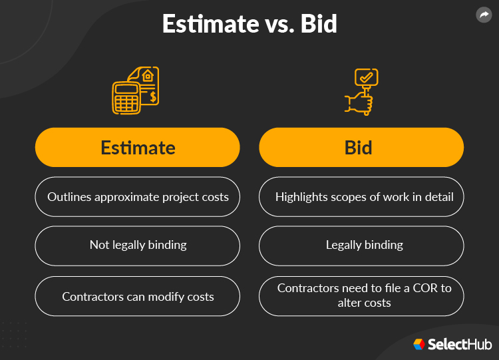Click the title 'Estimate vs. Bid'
(x=249, y=24)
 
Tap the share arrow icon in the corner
(x=484, y=15)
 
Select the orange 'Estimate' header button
(x=138, y=147)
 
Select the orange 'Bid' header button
(x=361, y=147)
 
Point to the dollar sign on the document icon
(x=153, y=97)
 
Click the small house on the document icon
(x=148, y=76)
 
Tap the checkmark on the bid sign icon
(x=365, y=78)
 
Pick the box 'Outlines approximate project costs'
(x=138, y=197)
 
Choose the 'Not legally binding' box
(x=138, y=245)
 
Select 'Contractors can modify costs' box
(x=138, y=296)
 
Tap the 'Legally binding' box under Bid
(x=361, y=245)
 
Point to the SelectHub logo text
(x=460, y=345)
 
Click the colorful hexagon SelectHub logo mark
(x=418, y=344)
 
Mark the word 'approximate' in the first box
(x=125, y=197)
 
